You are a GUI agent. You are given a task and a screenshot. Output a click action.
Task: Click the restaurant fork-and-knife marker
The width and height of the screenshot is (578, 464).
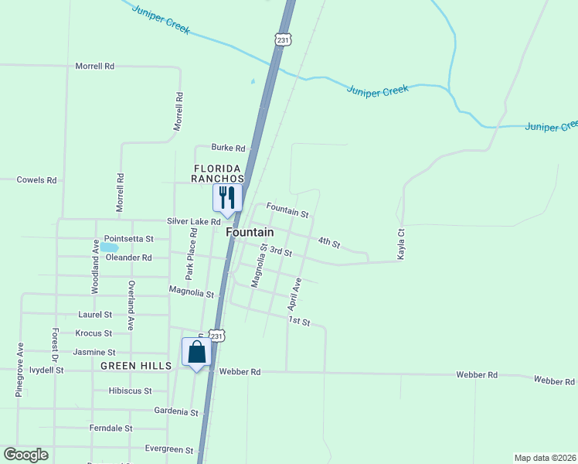tap(227, 197)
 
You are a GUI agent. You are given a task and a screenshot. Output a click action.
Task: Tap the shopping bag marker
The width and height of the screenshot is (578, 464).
tap(197, 352)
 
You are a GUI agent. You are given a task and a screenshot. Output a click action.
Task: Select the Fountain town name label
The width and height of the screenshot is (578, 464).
tap(250, 232)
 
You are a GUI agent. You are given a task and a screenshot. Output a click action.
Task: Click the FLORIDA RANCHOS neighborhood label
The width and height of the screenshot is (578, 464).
tap(218, 173)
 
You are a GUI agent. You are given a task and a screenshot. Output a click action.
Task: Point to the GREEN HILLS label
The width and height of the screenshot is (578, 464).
tap(135, 366)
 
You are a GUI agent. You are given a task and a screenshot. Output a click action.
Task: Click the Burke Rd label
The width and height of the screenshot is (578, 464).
tap(229, 148)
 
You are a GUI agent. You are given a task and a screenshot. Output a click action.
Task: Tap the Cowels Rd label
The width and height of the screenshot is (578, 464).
tap(37, 180)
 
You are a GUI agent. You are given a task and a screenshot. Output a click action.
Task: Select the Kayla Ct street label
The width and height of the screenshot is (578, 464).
tap(401, 244)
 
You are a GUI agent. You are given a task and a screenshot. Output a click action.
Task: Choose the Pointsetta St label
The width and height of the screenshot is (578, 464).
tap(129, 239)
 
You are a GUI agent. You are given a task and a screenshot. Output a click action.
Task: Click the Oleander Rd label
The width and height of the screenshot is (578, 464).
tap(128, 258)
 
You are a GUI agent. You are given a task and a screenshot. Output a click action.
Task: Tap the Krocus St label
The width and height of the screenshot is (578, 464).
tap(93, 333)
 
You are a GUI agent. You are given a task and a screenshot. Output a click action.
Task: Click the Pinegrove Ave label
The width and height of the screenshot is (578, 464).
tap(20, 370)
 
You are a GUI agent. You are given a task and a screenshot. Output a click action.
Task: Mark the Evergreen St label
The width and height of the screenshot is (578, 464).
tap(169, 449)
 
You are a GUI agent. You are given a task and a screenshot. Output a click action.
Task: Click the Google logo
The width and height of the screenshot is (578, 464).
tap(25, 455)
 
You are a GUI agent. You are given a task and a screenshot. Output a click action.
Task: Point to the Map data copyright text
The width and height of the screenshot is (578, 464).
tap(545, 457)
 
